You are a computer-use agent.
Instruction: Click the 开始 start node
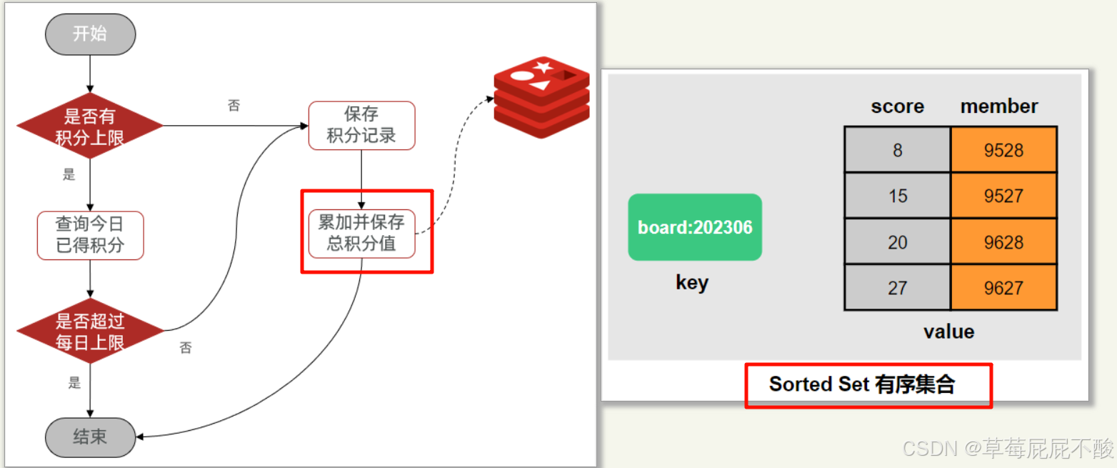90,34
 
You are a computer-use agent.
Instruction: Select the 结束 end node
90,437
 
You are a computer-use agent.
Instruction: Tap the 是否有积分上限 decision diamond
90,126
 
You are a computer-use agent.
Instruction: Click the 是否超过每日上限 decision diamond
90,332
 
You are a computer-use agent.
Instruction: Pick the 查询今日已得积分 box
91,235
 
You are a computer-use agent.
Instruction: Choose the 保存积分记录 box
361,125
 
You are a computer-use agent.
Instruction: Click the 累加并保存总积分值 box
361,234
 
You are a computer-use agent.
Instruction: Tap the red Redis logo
542,96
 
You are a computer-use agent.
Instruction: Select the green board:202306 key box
695,227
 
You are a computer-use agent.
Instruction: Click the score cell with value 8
897,150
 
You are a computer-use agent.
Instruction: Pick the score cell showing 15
897,196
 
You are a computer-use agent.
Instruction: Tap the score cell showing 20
897,242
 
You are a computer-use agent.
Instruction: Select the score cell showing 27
897,288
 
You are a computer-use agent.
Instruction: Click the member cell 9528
1003,150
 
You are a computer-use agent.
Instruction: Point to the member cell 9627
1003,288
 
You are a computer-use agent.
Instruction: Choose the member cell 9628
1003,242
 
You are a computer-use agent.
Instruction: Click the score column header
897,106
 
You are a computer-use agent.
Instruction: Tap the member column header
999,106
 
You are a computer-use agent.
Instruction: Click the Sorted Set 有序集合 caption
861,384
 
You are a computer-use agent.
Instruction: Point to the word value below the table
948,332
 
